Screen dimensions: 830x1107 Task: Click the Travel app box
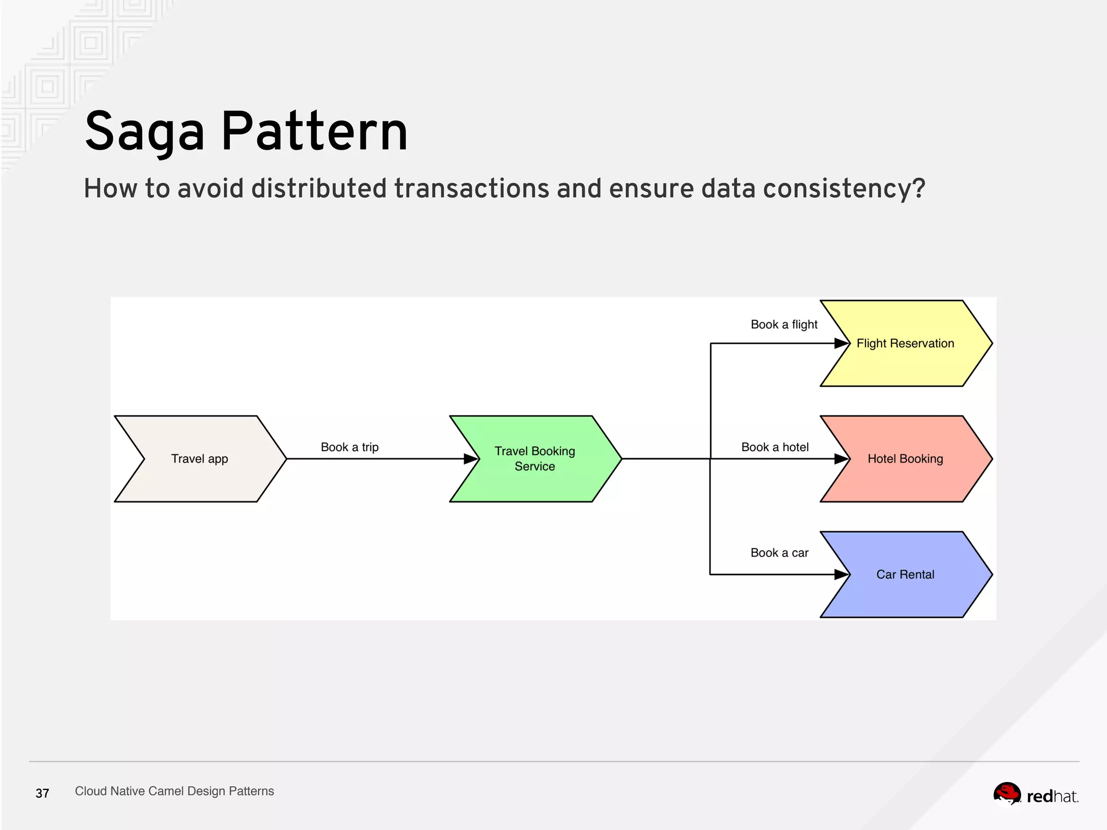199,459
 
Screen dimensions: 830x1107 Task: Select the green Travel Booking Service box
535,459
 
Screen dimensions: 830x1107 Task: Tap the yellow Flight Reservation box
905,343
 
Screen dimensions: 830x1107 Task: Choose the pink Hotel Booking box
905,459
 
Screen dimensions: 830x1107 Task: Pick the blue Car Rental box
905,574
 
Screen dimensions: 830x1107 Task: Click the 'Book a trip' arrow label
349,447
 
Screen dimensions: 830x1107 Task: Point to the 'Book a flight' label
784,324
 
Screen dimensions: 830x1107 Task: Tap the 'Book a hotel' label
775,447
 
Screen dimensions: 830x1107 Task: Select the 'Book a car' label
779,553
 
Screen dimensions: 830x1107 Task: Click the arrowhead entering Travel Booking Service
471,459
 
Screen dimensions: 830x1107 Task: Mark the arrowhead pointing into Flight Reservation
842,343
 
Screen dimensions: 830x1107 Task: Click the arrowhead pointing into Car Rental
842,574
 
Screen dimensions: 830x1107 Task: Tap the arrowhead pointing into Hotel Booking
842,459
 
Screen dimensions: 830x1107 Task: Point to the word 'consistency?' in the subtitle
844,189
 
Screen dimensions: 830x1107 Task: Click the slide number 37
42,793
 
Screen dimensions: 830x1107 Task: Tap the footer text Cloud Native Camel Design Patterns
174,791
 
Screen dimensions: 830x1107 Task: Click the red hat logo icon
1007,794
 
